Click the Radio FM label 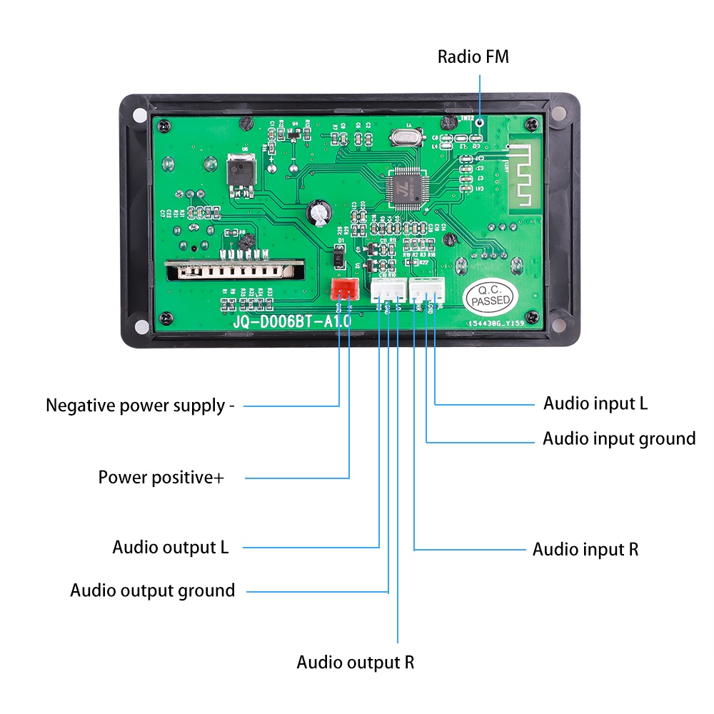473,57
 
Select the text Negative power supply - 140,406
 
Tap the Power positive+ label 161,477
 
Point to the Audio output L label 171,548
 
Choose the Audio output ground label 153,591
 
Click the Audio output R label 356,662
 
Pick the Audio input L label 595,403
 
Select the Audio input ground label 619,438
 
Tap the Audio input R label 585,549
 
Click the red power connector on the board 345,289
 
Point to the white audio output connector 387,289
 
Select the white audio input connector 427,289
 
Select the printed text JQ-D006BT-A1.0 291,322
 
